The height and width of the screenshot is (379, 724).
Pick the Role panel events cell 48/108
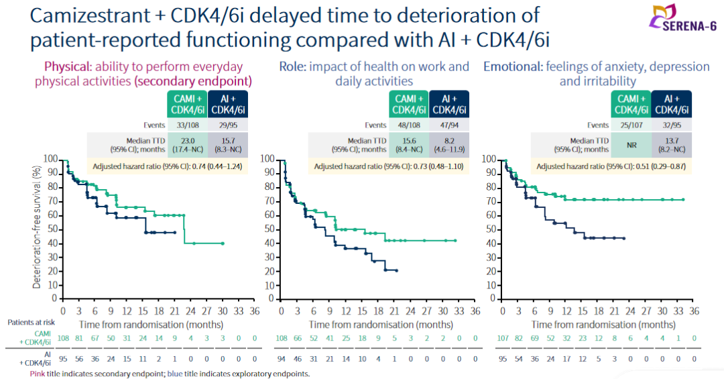408,125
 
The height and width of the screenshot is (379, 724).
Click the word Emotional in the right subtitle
513,66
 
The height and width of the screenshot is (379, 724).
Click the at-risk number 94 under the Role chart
282,360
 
